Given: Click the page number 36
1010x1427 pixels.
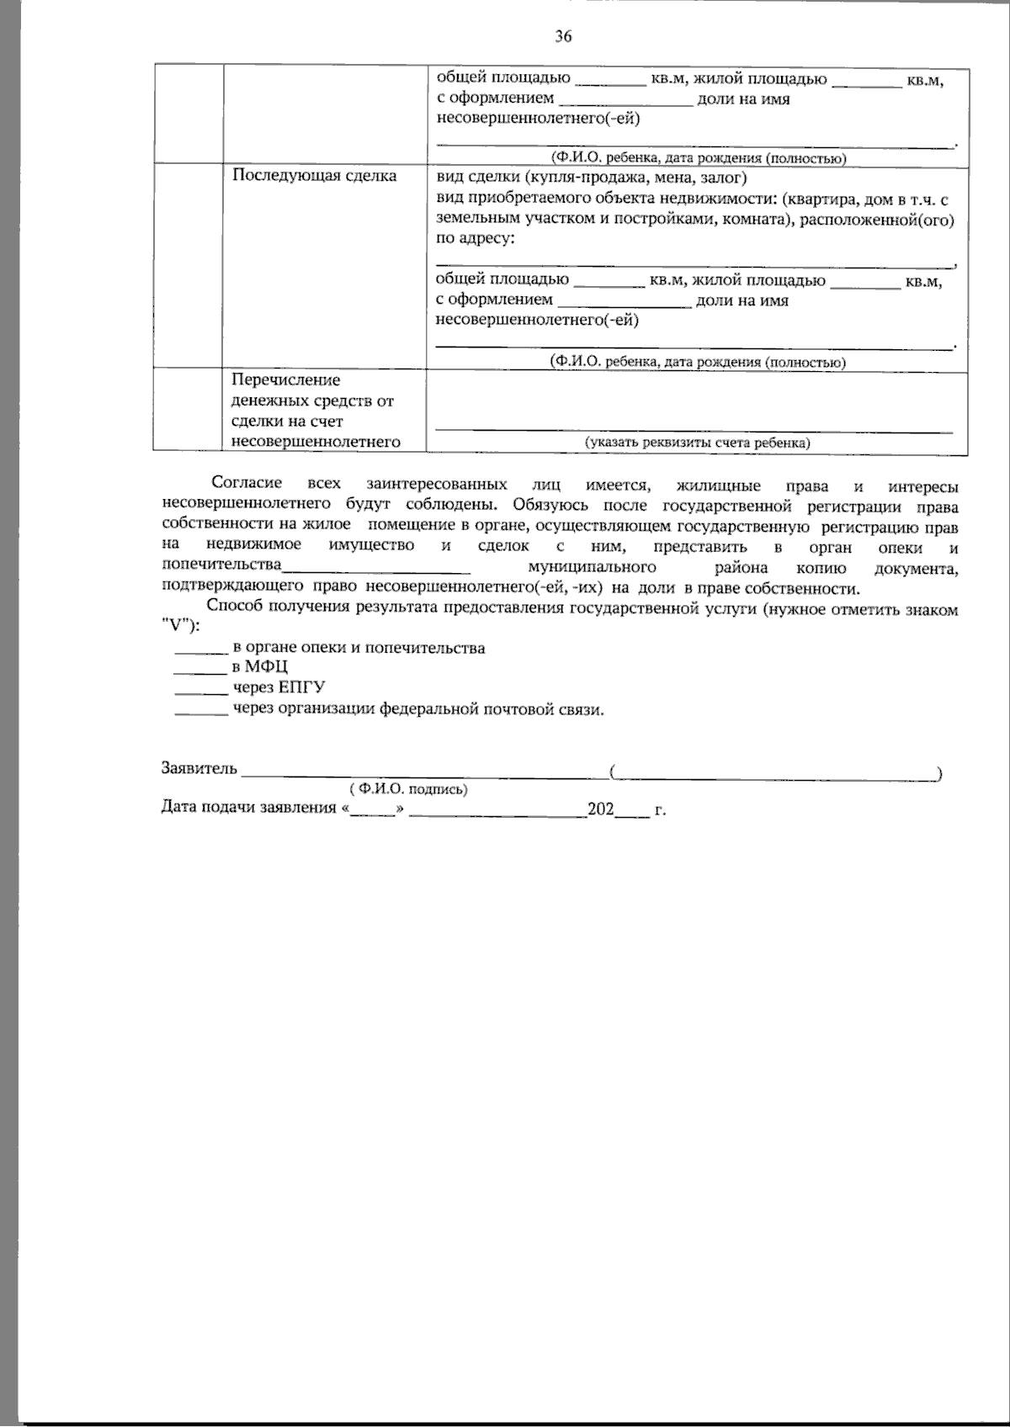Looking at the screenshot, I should [564, 36].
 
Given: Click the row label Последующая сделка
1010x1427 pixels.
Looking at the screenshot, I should [314, 176].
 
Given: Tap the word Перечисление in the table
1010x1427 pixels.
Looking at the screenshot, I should [285, 380].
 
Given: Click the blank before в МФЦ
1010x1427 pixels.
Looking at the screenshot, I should [200, 669].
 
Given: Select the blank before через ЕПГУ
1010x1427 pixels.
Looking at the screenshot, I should [200, 689].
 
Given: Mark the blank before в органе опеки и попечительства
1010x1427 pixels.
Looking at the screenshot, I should [200, 649].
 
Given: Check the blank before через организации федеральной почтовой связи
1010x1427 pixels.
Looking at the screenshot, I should [200, 709].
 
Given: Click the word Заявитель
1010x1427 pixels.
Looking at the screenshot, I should [199, 768].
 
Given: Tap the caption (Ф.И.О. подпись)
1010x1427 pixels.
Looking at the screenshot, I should [409, 789].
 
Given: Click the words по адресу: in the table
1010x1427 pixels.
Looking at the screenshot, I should [475, 238].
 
